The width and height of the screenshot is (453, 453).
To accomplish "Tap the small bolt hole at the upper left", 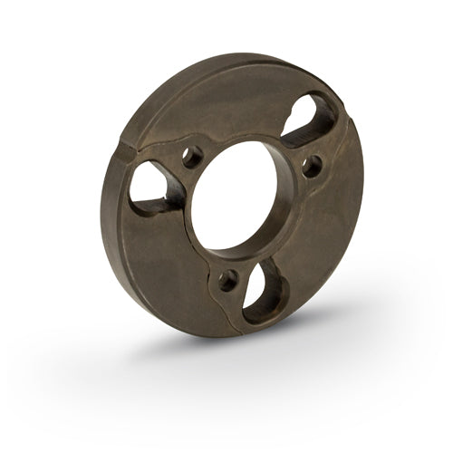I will click(x=192, y=157).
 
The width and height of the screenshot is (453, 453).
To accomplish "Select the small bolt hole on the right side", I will click(x=312, y=166).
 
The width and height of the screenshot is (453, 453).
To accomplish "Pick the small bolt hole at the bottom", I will click(x=227, y=279).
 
